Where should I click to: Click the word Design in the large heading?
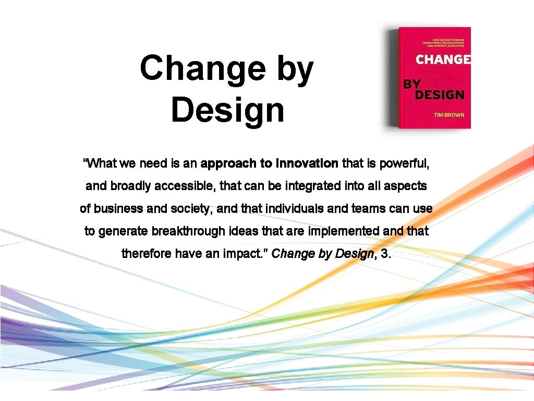click(x=227, y=110)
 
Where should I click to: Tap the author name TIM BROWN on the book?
click(x=449, y=115)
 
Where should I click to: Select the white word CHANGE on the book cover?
click(x=443, y=60)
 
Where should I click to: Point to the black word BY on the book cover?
click(x=411, y=83)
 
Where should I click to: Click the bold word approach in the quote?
click(x=228, y=163)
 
